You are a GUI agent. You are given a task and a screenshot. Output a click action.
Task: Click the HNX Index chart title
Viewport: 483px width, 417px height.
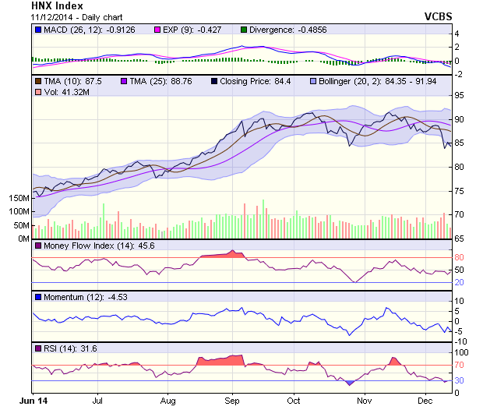tap(58, 6)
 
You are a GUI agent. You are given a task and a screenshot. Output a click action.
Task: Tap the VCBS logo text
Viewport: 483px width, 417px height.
tap(438, 16)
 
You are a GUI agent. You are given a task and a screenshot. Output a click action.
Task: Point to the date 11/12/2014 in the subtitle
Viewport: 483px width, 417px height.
tap(51, 17)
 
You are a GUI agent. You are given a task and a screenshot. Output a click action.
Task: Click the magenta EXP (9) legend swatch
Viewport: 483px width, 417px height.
tap(157, 30)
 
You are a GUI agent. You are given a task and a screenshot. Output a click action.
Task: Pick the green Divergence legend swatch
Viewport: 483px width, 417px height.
tap(244, 30)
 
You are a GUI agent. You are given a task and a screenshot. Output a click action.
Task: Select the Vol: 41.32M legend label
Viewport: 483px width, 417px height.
tap(66, 92)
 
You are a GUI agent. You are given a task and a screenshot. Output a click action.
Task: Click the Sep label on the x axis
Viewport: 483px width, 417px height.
tap(232, 401)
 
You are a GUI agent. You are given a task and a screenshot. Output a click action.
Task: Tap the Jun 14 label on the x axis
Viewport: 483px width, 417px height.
tap(33, 401)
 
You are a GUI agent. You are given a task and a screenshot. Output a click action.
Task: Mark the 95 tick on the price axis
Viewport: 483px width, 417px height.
tap(459, 96)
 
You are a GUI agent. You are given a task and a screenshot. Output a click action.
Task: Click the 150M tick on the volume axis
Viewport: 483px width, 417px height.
tap(19, 198)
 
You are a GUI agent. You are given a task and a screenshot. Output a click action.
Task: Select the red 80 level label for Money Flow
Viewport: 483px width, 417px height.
tap(459, 257)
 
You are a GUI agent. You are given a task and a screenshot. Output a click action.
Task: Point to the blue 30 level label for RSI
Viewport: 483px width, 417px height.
tap(459, 380)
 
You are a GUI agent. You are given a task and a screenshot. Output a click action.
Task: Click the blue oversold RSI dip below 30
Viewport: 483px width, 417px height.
tap(349, 383)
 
